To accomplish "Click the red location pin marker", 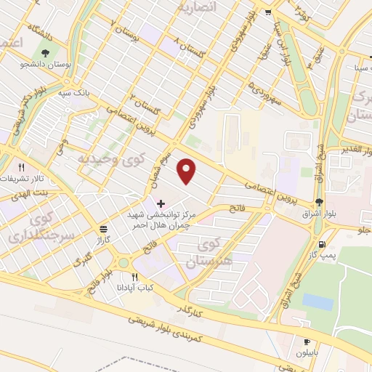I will (187, 171).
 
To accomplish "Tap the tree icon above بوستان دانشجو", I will (46, 53).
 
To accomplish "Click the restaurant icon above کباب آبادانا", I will (134, 278).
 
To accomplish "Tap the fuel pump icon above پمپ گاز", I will (323, 245).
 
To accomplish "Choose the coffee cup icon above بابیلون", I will (307, 341).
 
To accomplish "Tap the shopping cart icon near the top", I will (269, 12).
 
